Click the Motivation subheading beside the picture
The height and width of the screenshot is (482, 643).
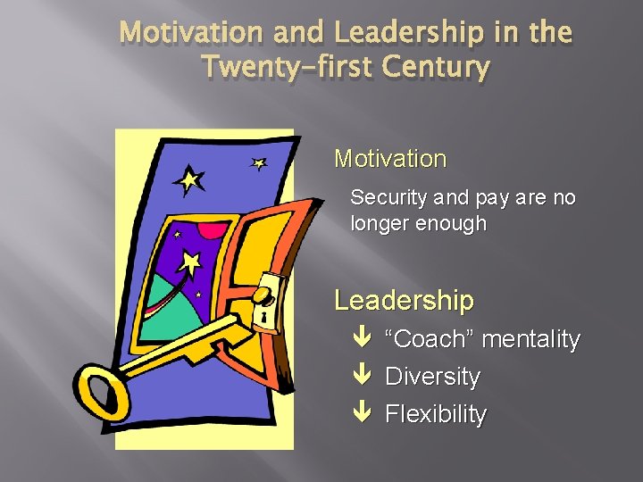pos(390,160)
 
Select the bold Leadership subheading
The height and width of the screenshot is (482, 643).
pos(404,301)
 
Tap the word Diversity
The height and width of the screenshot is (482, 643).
pos(432,377)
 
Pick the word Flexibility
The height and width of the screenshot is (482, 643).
pos(436,414)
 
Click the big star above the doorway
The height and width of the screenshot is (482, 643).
pos(189,181)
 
